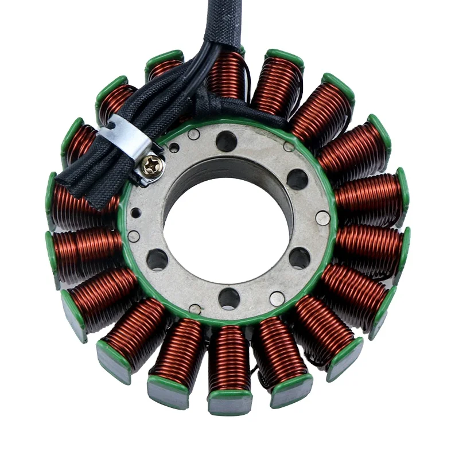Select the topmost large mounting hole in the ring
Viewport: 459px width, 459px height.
coord(227,141)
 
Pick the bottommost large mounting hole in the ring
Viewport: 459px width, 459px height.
coord(229,298)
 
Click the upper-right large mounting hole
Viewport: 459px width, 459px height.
coord(297,180)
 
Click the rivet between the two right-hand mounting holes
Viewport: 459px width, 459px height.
coord(323,219)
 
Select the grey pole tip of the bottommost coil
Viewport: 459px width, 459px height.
coord(228,405)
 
